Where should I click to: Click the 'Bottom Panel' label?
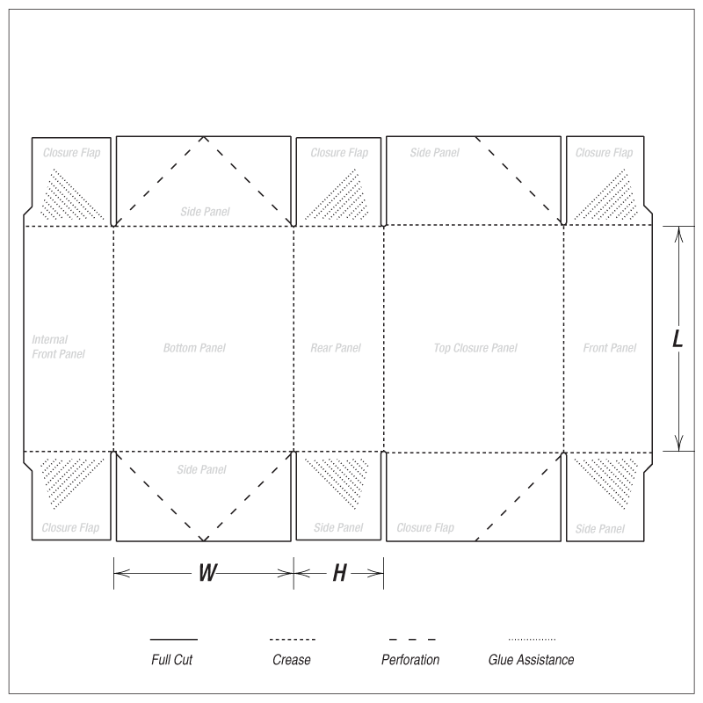coord(194,348)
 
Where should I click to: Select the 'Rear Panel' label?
coord(336,348)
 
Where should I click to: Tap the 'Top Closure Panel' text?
coord(475,348)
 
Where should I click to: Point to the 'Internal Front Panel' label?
coord(58,346)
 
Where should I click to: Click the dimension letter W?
coord(207,573)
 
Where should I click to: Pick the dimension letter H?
coord(339,573)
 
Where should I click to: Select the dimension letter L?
coord(678,338)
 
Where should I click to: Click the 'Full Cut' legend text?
coord(171,660)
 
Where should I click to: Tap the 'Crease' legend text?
coord(292,660)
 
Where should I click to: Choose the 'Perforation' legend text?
coord(410,660)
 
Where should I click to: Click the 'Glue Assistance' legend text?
coord(532,660)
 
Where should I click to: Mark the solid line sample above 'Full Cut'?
coord(173,640)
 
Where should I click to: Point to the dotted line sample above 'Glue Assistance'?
coord(532,640)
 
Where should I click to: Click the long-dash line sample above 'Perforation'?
coord(412,640)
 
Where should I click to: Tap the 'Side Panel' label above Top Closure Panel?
coord(434,153)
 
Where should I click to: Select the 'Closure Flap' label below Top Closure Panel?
coord(425,528)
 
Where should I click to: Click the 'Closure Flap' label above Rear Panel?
coord(339,153)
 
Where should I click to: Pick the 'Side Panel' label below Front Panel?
coord(600,529)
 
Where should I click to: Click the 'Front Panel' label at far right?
coord(609,348)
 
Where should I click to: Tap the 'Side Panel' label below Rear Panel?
coord(338,528)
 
